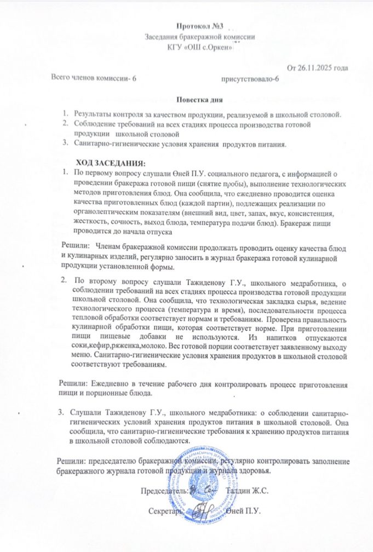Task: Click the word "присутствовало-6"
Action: (x=249, y=79)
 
